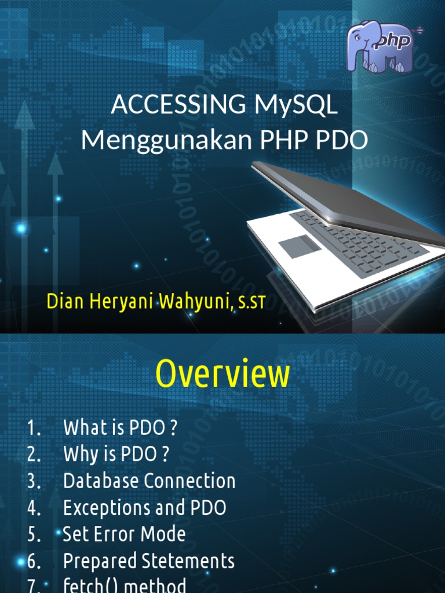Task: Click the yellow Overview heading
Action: [x=222, y=374]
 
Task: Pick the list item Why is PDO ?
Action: [x=116, y=455]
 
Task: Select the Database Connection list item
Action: [x=149, y=481]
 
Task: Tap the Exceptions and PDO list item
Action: [x=144, y=508]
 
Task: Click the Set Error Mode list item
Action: [x=124, y=535]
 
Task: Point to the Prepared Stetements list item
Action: [x=148, y=561]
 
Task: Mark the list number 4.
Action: [x=33, y=508]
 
